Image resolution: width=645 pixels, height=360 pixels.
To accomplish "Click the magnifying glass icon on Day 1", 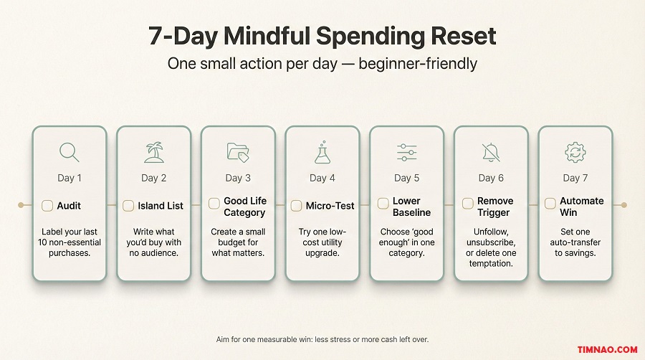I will point(70,152).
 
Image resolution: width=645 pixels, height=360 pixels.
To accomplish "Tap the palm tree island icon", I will point(154,152).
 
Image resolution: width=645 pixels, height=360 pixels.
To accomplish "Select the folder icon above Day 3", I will point(238,152).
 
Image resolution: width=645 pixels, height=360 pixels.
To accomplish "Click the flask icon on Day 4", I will point(322,152).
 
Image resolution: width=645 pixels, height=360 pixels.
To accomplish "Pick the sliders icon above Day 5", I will point(407,152).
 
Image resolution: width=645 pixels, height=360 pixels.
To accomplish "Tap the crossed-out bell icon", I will point(491,152).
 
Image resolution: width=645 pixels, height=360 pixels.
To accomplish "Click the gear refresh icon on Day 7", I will point(575,152).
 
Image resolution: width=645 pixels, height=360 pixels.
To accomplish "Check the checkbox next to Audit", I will point(47,206).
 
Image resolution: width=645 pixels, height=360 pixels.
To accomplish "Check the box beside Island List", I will point(128,206).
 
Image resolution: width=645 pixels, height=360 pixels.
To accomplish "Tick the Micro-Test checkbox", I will point(296,206).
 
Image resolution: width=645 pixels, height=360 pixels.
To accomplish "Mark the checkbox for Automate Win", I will point(550,204).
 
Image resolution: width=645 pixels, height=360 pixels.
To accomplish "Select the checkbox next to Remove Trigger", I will point(467,204).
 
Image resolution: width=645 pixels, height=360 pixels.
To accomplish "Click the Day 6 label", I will point(491,178).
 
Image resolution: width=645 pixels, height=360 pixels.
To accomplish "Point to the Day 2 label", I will point(154,178).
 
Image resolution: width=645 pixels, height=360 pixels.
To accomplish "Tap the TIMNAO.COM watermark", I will point(606,349).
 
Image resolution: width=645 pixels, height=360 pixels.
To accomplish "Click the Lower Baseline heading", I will point(412,207).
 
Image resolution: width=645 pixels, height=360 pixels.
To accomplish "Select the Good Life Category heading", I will point(244,207).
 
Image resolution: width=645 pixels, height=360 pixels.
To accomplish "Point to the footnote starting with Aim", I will point(322,338).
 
